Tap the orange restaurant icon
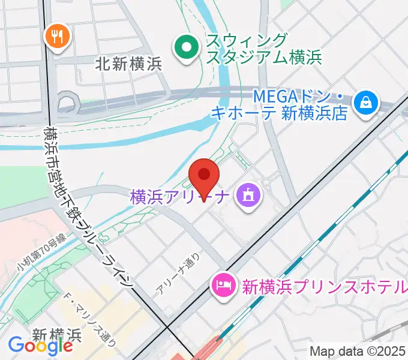[x=58, y=38]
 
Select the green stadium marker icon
[x=187, y=47]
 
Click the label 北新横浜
[x=128, y=64]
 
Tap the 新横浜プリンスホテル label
[x=324, y=287]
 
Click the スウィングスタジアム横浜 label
[x=263, y=49]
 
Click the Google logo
[x=40, y=345]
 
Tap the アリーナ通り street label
[x=177, y=276]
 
